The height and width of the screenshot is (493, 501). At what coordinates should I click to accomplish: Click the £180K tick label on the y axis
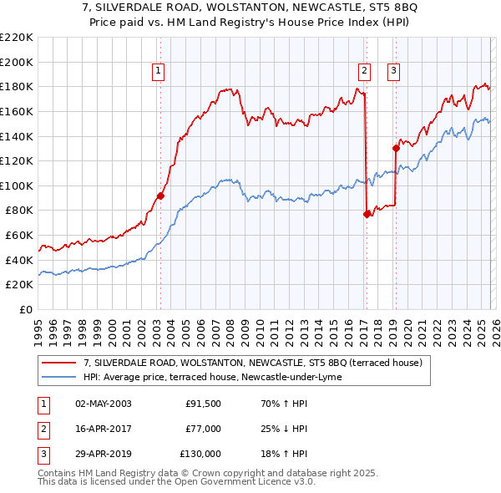point(17,86)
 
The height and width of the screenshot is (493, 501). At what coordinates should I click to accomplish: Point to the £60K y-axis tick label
point(19,236)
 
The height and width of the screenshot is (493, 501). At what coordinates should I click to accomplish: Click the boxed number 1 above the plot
point(158,72)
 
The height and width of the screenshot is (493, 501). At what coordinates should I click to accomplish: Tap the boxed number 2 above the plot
point(365,72)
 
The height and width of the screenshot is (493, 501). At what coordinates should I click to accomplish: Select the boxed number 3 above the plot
point(392,72)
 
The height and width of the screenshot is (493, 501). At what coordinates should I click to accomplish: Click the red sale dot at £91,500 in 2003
point(160,196)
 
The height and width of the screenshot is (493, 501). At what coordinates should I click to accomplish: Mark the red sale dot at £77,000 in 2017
point(367,214)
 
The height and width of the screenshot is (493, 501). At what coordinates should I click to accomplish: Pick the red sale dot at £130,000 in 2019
point(396,148)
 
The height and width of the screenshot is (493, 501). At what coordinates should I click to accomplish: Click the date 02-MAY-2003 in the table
point(103,404)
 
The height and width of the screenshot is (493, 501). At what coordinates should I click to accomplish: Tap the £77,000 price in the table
point(203,429)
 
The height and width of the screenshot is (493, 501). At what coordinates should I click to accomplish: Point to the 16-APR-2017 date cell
point(103,429)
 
